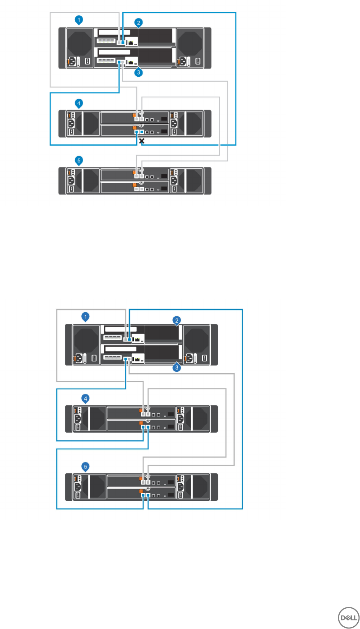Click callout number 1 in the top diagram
pyautogui.click(x=79, y=20)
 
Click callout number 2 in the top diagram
pyautogui.click(x=139, y=22)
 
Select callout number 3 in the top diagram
pyautogui.click(x=139, y=72)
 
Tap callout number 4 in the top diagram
pyautogui.click(x=79, y=103)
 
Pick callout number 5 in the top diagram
pyautogui.click(x=79, y=160)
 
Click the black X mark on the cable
pyautogui.click(x=142, y=141)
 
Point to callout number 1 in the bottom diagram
pyautogui.click(x=86, y=316)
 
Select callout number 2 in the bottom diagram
pyautogui.click(x=177, y=320)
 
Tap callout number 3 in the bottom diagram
pyautogui.click(x=177, y=368)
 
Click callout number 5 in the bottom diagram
pyautogui.click(x=86, y=465)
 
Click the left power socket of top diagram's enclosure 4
pyautogui.click(x=71, y=123)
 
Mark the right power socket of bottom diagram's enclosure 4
pyautogui.click(x=180, y=418)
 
